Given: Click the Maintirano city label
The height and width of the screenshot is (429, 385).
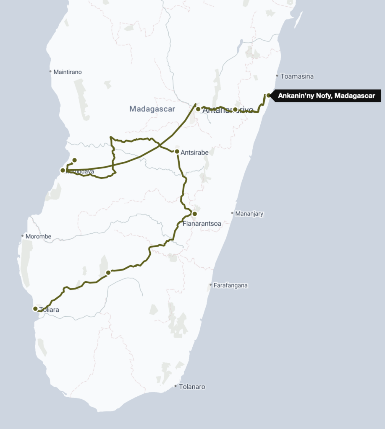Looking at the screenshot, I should click(68, 72).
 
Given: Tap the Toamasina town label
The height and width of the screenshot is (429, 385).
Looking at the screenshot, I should click(297, 76).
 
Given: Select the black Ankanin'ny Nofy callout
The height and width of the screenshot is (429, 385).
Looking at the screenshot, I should click(326, 96).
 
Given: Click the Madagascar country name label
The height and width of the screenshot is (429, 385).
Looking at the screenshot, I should click(152, 109).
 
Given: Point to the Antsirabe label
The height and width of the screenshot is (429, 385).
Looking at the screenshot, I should click(194, 152).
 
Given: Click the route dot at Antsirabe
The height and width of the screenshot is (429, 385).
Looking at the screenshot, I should click(177, 151).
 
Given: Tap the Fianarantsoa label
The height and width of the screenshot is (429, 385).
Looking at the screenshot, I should click(202, 224).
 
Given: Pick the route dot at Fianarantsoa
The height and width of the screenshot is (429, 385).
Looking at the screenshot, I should click(194, 214).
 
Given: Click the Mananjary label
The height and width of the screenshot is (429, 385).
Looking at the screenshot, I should click(249, 214).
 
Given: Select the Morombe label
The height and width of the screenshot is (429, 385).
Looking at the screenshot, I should click(38, 236).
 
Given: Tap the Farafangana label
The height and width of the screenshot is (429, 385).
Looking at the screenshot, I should click(230, 285).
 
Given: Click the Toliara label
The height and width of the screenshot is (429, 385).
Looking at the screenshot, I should click(49, 310).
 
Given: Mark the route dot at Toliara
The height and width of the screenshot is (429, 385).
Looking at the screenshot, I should click(35, 309).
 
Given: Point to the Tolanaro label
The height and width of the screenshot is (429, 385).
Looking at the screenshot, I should click(192, 387).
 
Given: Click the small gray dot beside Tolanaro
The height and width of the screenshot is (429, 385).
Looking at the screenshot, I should click(175, 386).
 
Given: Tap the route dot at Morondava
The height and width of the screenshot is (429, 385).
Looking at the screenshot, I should click(63, 170).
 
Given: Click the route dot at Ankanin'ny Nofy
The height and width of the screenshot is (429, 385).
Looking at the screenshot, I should click(268, 96).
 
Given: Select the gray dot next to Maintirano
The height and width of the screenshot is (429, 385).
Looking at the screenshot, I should click(50, 72).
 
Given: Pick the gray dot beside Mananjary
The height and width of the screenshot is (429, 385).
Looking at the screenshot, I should click(232, 213).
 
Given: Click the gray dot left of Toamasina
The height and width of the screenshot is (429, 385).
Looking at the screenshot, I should click(277, 76).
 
